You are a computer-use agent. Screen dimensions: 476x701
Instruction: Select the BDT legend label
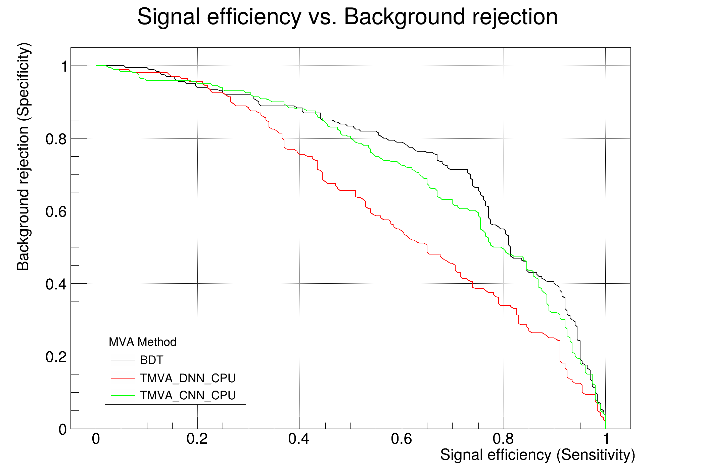point(151,360)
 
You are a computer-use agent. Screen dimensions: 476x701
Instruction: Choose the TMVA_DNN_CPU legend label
point(188,378)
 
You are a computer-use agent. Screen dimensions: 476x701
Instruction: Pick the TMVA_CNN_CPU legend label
point(188,395)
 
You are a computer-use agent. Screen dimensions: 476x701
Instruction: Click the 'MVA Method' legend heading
point(142,342)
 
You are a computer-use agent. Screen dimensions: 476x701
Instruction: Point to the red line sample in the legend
point(123,378)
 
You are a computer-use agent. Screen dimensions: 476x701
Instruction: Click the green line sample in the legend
point(123,395)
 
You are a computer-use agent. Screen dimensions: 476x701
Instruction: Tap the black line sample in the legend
point(123,360)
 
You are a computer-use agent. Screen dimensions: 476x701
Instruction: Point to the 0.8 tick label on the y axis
point(56,139)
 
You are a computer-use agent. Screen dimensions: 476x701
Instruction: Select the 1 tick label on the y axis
point(64,66)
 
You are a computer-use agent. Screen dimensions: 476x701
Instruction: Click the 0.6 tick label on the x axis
point(402,439)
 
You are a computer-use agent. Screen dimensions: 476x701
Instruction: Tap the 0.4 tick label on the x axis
point(299,439)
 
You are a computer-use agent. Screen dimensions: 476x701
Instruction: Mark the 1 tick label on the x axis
point(606,439)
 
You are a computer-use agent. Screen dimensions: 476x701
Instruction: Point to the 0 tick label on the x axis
point(96,439)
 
